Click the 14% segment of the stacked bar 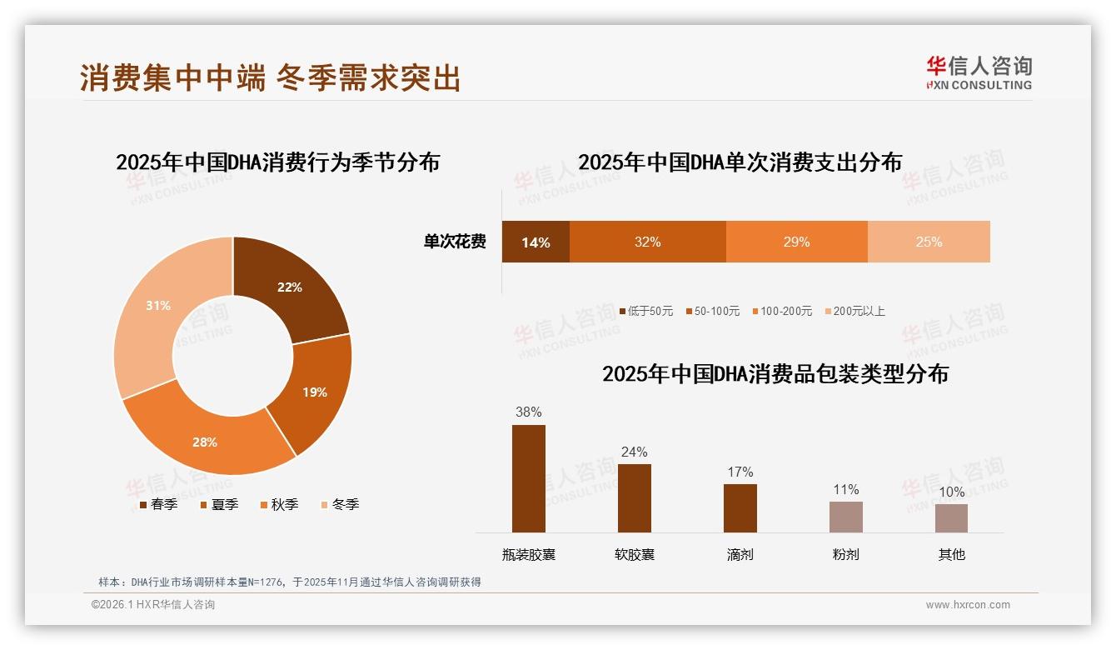tap(536, 242)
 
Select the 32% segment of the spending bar tap(647, 242)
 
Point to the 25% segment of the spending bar tap(929, 242)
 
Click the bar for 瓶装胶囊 tap(529, 478)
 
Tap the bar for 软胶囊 tap(634, 498)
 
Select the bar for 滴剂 tap(740, 507)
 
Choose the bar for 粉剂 tap(845, 517)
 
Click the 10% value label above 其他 tap(951, 492)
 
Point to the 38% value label tap(529, 412)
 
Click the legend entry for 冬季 tap(339, 504)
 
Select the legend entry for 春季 tap(157, 504)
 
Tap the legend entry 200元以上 tap(854, 311)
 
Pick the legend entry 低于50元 tap(645, 311)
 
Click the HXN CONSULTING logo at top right tap(979, 73)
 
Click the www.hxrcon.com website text tap(968, 605)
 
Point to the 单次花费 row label tap(455, 242)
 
